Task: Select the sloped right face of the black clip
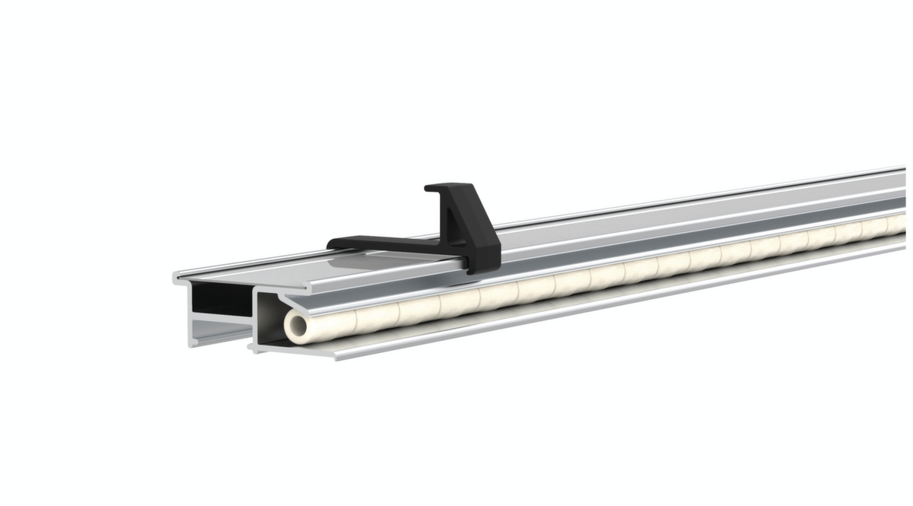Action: point(484,228)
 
